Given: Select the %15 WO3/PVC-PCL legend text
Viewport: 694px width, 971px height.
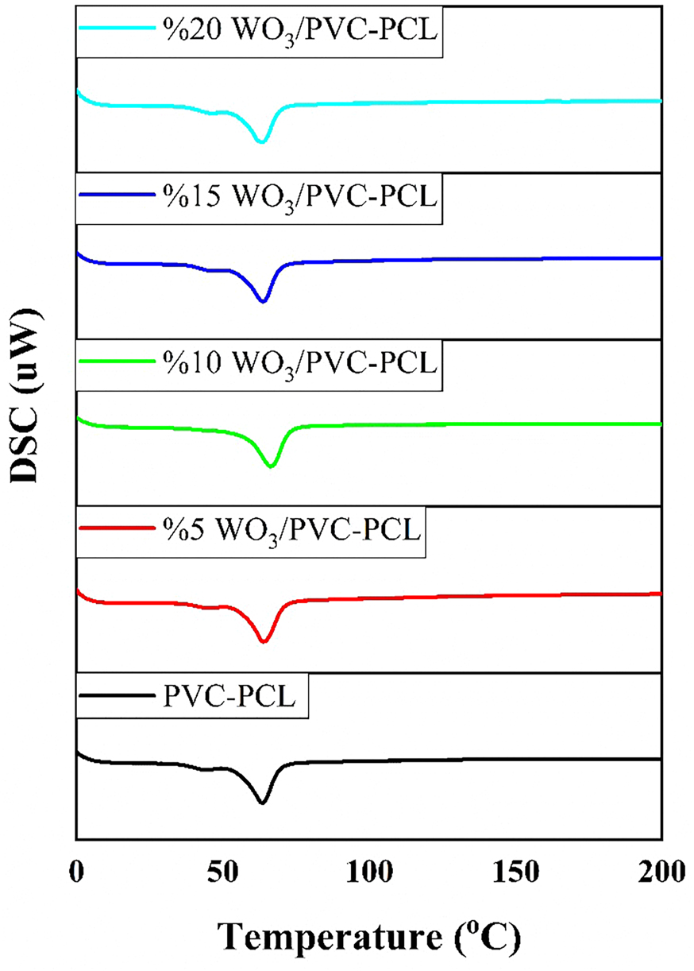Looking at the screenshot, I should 300,196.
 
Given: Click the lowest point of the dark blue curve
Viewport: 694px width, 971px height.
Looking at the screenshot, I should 263,302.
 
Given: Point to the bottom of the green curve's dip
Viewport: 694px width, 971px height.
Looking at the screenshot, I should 271,467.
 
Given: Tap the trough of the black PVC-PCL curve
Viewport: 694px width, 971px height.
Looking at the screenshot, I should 261,803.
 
